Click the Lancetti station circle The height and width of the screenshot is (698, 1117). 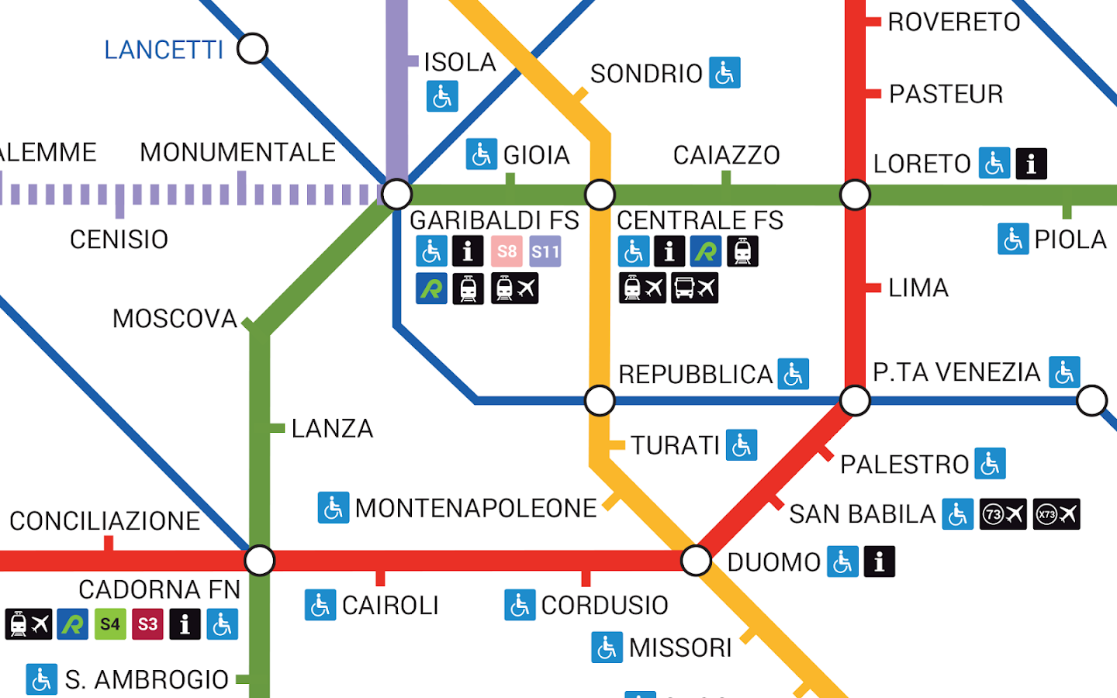tap(252, 49)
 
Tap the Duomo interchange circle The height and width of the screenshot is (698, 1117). tap(696, 560)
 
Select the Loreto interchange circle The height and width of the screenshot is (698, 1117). tap(855, 195)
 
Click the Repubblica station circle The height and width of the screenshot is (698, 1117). tap(600, 400)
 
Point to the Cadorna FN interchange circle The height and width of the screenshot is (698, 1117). tap(259, 560)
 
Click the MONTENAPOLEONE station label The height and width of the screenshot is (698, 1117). tap(476, 508)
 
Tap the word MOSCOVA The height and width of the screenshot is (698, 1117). tap(175, 319)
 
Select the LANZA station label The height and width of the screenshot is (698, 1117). tap(332, 428)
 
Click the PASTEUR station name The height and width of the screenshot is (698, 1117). tap(946, 94)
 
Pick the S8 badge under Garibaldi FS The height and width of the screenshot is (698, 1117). tap(507, 251)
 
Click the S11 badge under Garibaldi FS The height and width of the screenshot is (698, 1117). tap(545, 251)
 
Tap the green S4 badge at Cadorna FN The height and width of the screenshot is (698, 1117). tap(110, 624)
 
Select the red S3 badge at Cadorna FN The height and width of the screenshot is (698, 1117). tap(147, 624)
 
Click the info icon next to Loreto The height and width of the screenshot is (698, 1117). tap(1031, 164)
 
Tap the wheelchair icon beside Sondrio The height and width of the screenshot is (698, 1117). tap(724, 73)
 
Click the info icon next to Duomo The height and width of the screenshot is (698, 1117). tap(879, 562)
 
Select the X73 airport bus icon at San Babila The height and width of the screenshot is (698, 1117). tap(1056, 514)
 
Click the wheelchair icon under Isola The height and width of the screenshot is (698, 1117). tap(442, 97)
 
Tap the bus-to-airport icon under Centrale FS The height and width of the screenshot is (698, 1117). tap(694, 288)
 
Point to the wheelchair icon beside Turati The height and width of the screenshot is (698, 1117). tap(742, 445)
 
